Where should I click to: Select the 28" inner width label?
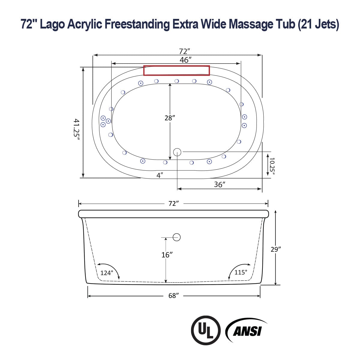click(169, 118)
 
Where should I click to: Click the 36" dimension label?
click(220, 184)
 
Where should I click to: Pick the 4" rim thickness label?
click(160, 175)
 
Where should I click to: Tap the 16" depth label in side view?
click(167, 255)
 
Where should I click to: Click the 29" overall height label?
click(275, 249)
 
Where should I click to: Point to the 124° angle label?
click(106, 273)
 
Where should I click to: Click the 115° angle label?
click(241, 272)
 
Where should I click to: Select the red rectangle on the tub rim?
click(176, 70)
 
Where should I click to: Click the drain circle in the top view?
click(177, 152)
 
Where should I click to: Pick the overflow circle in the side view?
click(177, 237)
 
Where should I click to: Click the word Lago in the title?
click(52, 24)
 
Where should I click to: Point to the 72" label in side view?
click(174, 203)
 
